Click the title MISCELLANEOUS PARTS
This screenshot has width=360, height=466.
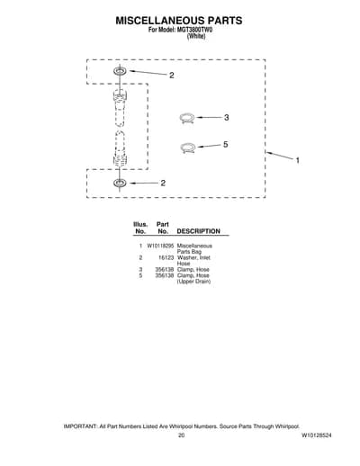pyautogui.click(x=179, y=21)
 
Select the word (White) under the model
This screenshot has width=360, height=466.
pyautogui.click(x=196, y=36)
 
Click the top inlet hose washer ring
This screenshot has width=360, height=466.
pyautogui.click(x=120, y=71)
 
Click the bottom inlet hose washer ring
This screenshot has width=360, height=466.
pyautogui.click(x=120, y=183)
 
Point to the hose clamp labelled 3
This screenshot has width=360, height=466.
pyautogui.click(x=187, y=118)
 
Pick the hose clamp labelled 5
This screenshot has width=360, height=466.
pyautogui.click(x=188, y=148)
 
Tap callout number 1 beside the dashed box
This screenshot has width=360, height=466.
pyautogui.click(x=298, y=160)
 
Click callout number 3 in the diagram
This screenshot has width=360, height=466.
pyautogui.click(x=227, y=118)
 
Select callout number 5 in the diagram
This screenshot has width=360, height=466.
pyautogui.click(x=226, y=145)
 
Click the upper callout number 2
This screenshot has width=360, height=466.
pyautogui.click(x=172, y=76)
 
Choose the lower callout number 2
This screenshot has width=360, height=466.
pyautogui.click(x=163, y=183)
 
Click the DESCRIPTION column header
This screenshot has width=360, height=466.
pyautogui.click(x=199, y=231)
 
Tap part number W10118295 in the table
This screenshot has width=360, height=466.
pyautogui.click(x=160, y=246)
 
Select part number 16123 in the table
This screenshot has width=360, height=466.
pyautogui.click(x=166, y=257)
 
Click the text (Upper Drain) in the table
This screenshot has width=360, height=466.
pyautogui.click(x=193, y=282)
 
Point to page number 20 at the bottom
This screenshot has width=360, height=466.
pyautogui.click(x=181, y=435)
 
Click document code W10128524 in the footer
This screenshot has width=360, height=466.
pyautogui.click(x=317, y=435)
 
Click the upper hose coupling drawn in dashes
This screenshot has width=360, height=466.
pyautogui.click(x=120, y=107)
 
